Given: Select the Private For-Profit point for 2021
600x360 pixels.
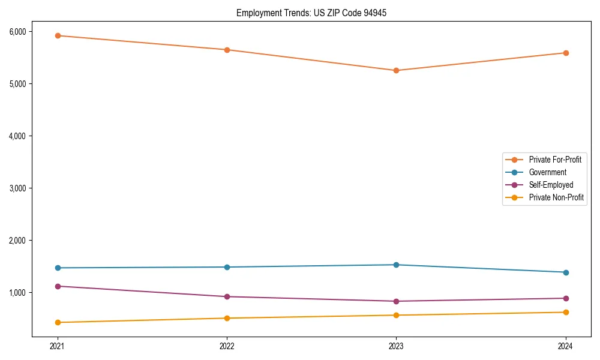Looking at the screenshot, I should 58,35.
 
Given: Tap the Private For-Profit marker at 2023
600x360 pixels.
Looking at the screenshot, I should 396,70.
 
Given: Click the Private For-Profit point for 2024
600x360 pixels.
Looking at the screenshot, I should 566,53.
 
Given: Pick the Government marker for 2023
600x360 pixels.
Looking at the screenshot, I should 396,265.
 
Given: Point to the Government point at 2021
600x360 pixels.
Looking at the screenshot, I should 58,268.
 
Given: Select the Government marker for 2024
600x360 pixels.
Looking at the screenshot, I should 566,272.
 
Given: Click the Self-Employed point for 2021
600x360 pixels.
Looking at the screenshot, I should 58,286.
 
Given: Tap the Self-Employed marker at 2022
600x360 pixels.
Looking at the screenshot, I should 227,296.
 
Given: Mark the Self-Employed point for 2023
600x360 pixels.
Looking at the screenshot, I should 396,301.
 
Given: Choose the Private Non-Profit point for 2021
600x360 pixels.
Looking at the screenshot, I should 58,322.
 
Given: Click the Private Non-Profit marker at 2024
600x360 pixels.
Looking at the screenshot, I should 566,312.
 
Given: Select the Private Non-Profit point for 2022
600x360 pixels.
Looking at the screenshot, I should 227,318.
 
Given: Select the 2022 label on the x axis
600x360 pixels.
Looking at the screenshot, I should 227,346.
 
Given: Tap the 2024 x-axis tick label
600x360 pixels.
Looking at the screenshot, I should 566,346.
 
